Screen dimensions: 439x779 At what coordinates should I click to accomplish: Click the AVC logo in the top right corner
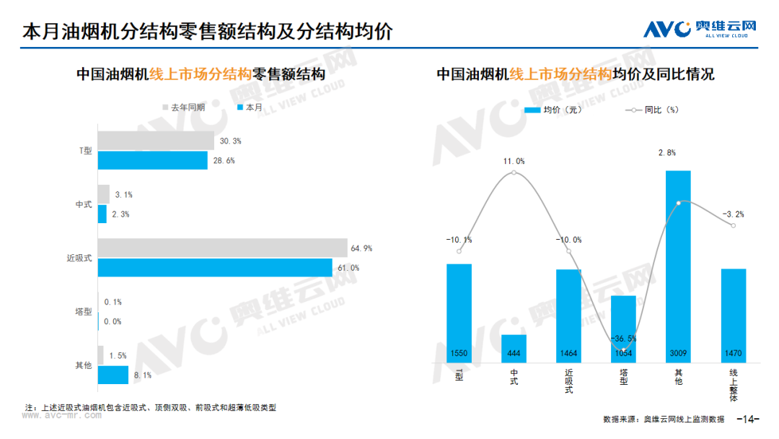coord(699,28)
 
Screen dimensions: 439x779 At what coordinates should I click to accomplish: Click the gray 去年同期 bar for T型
coord(156,141)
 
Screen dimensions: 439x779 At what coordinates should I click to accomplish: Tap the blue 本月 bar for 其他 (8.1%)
coord(113,375)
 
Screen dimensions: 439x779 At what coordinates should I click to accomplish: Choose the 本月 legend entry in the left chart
coord(250,108)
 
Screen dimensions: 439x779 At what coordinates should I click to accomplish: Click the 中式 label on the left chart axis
coord(84,204)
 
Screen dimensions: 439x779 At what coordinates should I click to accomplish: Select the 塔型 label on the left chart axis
coord(84,312)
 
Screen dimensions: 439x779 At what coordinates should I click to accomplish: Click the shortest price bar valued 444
coord(514,348)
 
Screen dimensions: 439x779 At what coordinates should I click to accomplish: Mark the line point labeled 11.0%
coord(514,173)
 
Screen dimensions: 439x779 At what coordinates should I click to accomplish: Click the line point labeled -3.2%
coord(733,226)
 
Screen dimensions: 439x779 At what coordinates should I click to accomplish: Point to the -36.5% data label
coord(623,339)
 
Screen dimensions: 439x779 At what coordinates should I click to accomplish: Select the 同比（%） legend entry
coord(652,110)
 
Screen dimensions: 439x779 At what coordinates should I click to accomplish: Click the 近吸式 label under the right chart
coord(568,382)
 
